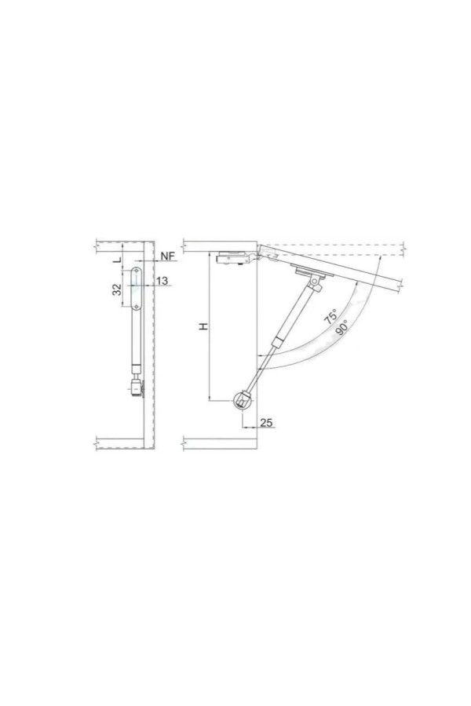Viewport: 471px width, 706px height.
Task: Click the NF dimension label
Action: (167, 257)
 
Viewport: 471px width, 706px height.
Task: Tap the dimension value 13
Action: (162, 281)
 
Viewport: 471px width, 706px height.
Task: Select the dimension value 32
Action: (117, 289)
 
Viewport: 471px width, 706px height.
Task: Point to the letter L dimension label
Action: (117, 260)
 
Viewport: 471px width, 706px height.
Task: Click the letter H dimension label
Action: (204, 326)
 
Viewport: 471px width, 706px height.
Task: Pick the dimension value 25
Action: (266, 422)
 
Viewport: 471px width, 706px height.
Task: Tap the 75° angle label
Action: (331, 317)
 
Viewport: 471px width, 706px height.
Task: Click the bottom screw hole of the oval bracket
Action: (136, 307)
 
